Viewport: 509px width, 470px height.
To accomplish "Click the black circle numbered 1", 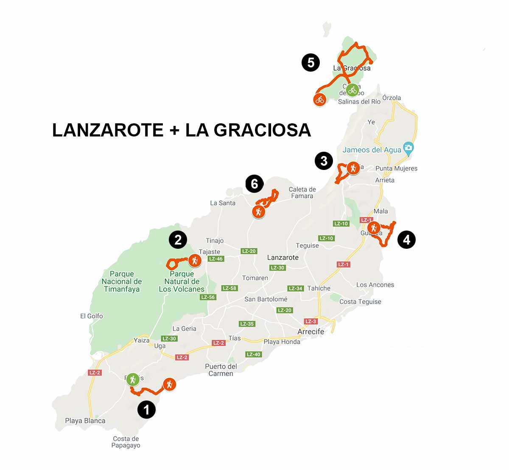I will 147,410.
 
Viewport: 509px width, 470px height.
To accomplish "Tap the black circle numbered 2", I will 178,240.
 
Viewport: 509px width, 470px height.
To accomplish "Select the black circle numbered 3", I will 324,161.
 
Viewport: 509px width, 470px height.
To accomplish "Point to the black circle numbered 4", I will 406,240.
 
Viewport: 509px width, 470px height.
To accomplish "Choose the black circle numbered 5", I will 310,63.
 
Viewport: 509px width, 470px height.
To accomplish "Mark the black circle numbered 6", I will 255,184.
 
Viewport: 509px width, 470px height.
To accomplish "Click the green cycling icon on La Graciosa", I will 352,90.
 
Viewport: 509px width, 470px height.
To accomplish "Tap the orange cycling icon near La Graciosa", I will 320,100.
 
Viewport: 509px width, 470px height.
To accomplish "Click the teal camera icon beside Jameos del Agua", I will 408,148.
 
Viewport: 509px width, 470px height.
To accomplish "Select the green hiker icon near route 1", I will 133,379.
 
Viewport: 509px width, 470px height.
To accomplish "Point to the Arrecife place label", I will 311,331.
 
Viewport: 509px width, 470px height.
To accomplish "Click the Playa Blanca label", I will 85,421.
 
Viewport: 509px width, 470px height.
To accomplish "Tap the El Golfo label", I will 92,316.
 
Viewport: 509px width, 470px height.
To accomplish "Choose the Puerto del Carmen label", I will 221,370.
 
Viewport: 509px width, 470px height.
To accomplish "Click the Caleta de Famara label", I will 302,192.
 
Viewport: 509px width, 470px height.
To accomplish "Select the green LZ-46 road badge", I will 216,259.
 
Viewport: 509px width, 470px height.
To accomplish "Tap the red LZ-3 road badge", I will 310,321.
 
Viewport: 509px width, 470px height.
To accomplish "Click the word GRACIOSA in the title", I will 263,130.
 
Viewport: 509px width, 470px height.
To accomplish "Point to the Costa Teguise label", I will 360,302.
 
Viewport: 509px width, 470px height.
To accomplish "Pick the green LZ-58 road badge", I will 229,288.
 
